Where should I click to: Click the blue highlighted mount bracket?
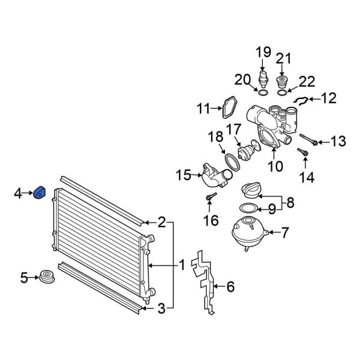pyautogui.click(x=40, y=194)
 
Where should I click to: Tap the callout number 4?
pyautogui.click(x=18, y=193)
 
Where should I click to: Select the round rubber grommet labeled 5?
pyautogui.click(x=47, y=278)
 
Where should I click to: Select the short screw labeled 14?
pyautogui.click(x=303, y=154)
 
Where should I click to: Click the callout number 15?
pyautogui.click(x=182, y=176)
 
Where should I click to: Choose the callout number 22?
pyautogui.click(x=307, y=81)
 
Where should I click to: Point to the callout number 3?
pyautogui.click(x=161, y=309)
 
